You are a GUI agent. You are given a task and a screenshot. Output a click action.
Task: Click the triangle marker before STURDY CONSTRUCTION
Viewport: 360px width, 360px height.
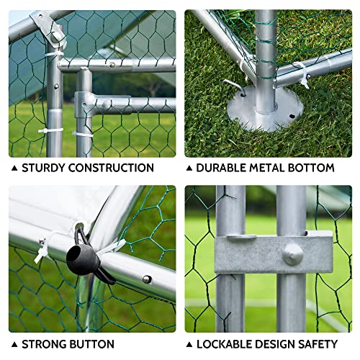pyautogui.click(x=14, y=168)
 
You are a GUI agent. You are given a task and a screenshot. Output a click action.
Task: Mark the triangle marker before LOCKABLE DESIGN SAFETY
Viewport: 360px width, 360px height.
pyautogui.click(x=190, y=345)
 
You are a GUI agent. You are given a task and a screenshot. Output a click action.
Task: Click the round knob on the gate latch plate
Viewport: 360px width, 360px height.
pyautogui.click(x=292, y=253)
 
